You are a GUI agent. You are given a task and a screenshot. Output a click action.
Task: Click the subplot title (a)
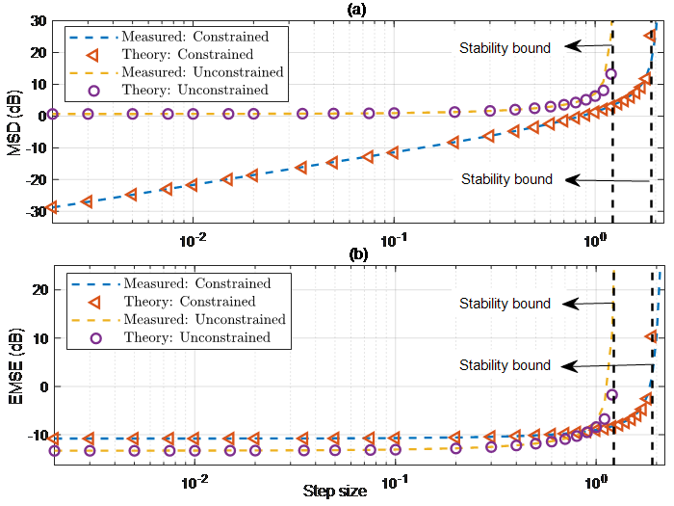pyautogui.click(x=352, y=8)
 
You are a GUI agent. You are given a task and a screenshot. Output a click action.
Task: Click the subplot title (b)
pyautogui.click(x=352, y=256)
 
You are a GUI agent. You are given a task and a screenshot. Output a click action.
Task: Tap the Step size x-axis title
pyautogui.click(x=334, y=492)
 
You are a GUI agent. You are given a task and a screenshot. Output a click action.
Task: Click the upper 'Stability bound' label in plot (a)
pyautogui.click(x=505, y=47)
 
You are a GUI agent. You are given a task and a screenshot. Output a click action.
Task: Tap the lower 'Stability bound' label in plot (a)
pyautogui.click(x=506, y=179)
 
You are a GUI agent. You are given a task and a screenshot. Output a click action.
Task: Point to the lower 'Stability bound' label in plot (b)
pyautogui.click(x=505, y=365)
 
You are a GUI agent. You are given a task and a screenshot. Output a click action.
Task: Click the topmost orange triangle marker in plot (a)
pyautogui.click(x=651, y=37)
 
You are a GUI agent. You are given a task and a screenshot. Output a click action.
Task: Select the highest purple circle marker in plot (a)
pyautogui.click(x=609, y=74)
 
